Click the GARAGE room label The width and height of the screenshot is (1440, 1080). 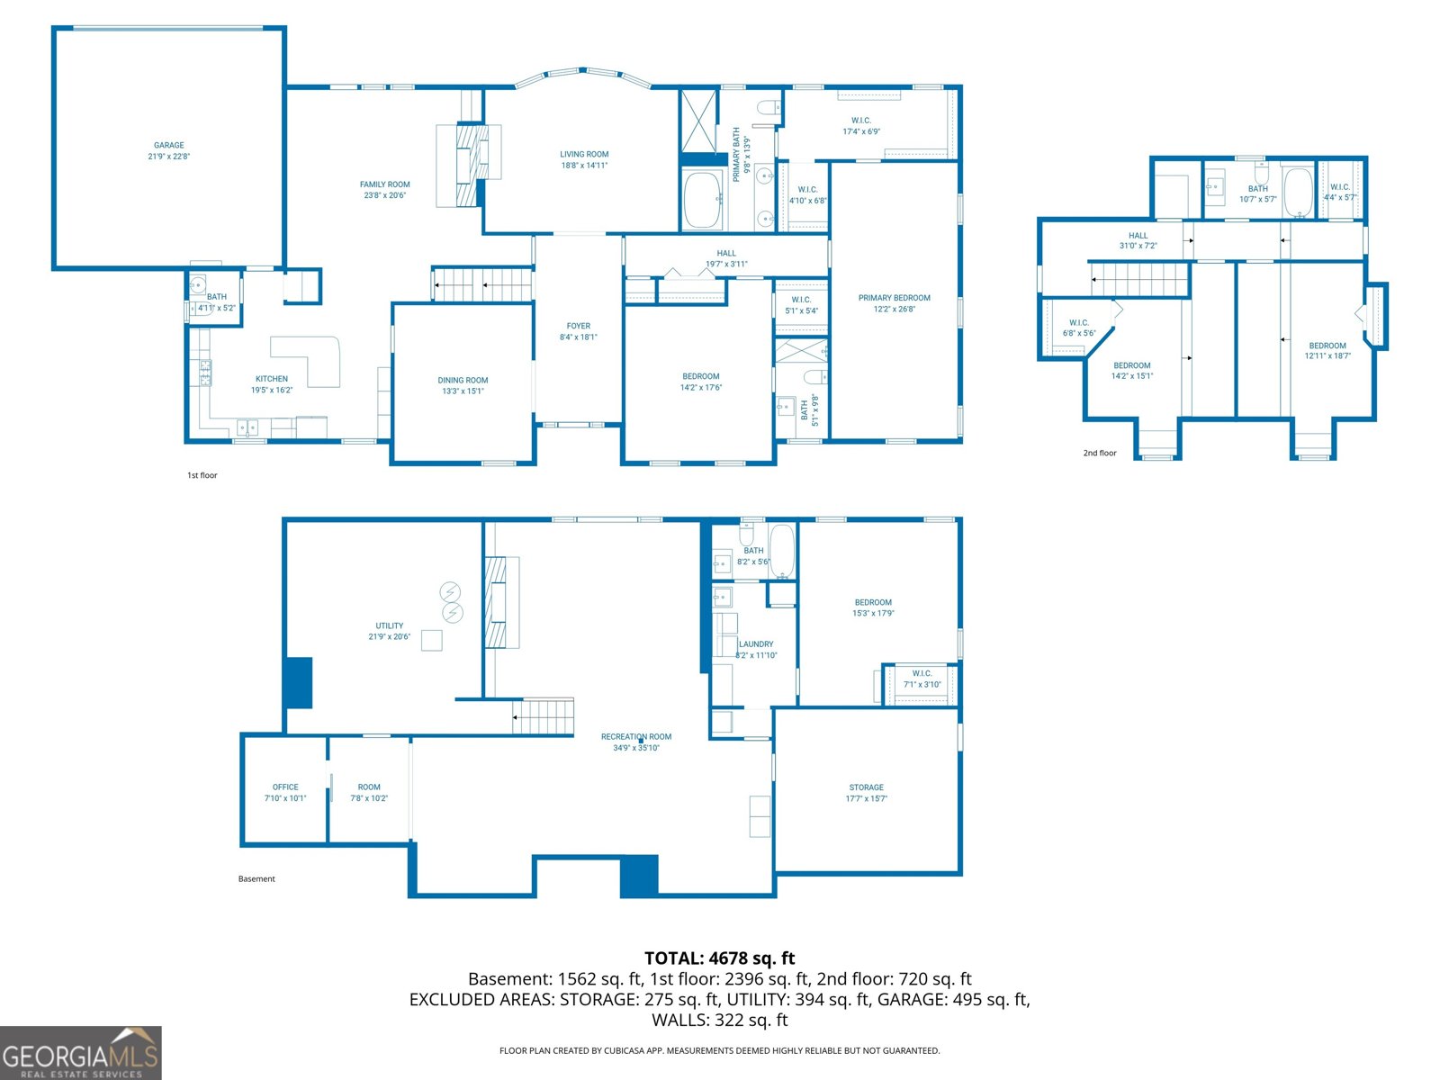point(168,145)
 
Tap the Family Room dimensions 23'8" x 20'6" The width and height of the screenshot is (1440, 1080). point(384,195)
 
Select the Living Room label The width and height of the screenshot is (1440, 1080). point(584,154)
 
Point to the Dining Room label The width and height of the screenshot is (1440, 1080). point(463,380)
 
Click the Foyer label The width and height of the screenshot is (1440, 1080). point(578,326)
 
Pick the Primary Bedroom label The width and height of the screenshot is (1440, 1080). point(894,298)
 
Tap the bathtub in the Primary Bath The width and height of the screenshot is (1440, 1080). point(703,200)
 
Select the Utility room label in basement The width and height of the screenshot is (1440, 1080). point(389,625)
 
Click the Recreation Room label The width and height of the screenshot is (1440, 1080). point(635,736)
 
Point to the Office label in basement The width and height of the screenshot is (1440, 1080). point(285,787)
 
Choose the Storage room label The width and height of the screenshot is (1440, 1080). point(866,787)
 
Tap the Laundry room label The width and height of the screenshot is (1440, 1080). point(756,643)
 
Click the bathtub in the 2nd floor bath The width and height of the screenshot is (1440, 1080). point(1297,191)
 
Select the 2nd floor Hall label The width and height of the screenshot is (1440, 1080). point(1138,236)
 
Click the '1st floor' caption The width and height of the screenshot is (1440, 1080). point(202,475)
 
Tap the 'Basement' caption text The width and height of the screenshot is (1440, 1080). point(256,878)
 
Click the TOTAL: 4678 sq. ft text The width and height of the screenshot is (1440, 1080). point(719,958)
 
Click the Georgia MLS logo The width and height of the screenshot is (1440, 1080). point(80,1053)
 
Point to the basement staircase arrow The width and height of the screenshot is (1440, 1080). point(516,717)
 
